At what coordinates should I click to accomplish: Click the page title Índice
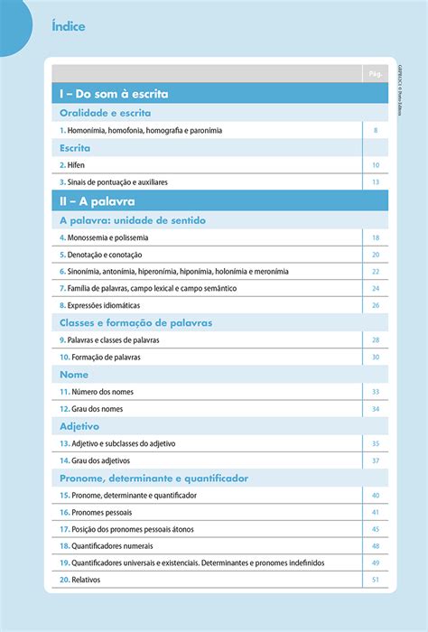pos(69,26)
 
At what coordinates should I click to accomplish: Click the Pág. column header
pos(376,72)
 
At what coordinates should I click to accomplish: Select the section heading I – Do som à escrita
pos(114,94)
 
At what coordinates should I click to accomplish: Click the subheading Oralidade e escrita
pos(105,113)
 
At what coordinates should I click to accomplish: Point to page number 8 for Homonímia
pos(376,131)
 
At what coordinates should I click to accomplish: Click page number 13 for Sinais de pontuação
pos(376,182)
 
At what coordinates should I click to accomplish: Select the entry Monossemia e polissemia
pos(104,237)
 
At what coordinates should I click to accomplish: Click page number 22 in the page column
pos(376,271)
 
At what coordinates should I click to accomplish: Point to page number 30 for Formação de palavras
pos(376,357)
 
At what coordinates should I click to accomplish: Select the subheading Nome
pos(74,374)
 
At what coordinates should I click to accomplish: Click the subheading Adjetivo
pos(79,426)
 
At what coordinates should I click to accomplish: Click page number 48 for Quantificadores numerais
pos(376,546)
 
